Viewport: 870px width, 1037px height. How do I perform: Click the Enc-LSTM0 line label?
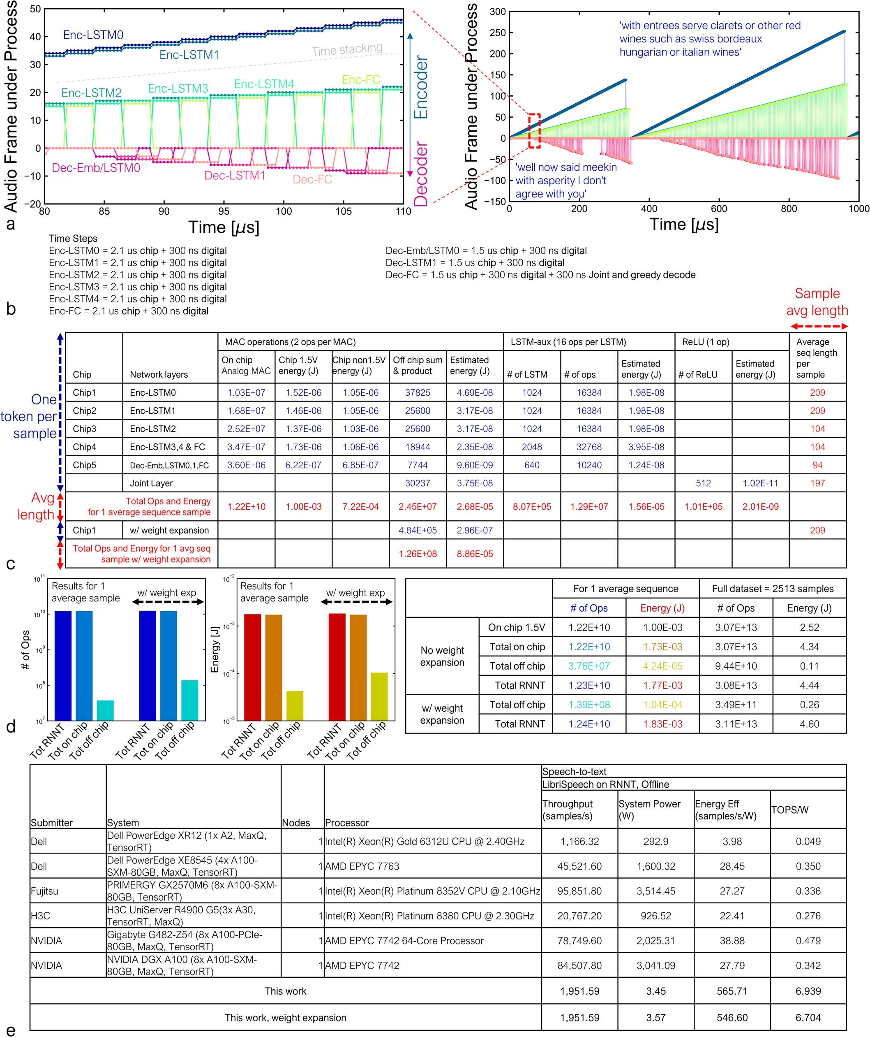[x=93, y=35]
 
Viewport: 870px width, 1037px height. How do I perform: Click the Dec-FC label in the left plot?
[x=312, y=179]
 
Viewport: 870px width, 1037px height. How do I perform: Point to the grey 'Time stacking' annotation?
[x=347, y=49]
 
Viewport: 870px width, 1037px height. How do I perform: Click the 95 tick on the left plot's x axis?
[x=224, y=211]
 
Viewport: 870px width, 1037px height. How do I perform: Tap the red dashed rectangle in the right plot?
[x=534, y=131]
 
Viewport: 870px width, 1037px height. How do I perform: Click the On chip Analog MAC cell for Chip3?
[x=246, y=429]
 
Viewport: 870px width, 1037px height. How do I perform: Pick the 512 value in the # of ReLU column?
[x=703, y=483]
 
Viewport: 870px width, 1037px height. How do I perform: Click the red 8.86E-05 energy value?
[x=474, y=554]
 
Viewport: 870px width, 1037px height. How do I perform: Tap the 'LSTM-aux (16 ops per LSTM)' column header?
[x=568, y=342]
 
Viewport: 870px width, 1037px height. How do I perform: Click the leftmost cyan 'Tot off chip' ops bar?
[x=105, y=710]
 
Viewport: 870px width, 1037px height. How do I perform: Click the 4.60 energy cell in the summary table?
[x=809, y=724]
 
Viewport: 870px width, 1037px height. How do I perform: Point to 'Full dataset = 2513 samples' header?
[x=772, y=589]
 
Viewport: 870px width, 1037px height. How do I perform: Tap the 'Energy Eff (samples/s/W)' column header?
[x=725, y=810]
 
